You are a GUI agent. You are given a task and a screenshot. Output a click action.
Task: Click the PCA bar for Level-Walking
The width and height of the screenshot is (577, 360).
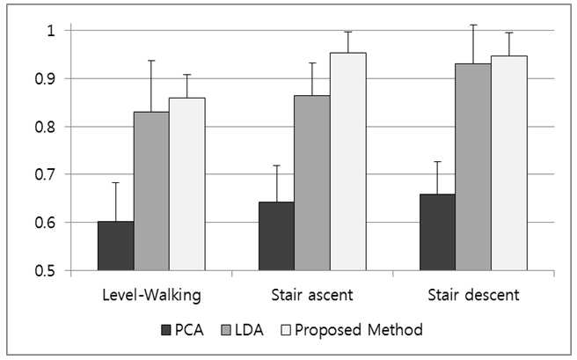click(x=115, y=246)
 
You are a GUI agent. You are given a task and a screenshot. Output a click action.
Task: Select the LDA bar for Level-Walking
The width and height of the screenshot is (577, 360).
click(x=151, y=191)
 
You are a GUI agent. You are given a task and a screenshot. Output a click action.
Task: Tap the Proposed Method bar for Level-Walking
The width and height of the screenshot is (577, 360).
click(x=187, y=184)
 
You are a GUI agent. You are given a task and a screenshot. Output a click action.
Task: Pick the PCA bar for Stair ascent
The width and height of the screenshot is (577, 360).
click(x=277, y=236)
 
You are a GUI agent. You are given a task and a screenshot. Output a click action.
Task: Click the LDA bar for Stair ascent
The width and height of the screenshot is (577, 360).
click(x=312, y=183)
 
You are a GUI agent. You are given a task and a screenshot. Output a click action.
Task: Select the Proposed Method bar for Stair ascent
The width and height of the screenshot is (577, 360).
click(x=348, y=162)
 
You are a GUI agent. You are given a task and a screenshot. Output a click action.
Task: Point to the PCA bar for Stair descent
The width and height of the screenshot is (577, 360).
click(x=437, y=232)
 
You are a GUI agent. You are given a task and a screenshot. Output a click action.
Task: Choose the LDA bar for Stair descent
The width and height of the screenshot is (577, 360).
click(x=473, y=167)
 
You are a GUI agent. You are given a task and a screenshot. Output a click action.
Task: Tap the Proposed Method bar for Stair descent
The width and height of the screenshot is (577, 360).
click(x=509, y=163)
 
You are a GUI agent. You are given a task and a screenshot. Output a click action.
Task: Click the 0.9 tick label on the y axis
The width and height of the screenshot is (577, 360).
click(x=45, y=78)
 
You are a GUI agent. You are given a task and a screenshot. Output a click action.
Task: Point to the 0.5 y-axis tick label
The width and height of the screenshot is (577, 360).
click(x=45, y=271)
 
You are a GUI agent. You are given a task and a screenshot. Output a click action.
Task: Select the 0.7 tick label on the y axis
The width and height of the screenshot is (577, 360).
click(x=45, y=174)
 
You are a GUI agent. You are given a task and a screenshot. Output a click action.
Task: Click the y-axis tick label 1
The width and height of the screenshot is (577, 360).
click(x=51, y=31)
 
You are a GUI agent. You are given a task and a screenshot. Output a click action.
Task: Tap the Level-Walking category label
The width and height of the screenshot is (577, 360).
click(x=151, y=295)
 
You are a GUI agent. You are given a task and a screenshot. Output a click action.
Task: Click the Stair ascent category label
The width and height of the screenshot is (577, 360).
click(x=312, y=295)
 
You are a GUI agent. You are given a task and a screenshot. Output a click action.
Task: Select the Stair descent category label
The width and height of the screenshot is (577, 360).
click(x=473, y=295)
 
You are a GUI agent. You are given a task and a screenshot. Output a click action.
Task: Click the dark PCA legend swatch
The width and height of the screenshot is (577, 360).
click(x=166, y=330)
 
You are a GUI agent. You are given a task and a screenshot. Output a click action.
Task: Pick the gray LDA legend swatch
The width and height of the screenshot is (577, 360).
click(x=226, y=330)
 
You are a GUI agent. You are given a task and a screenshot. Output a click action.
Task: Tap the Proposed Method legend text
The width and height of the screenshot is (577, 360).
click(x=359, y=330)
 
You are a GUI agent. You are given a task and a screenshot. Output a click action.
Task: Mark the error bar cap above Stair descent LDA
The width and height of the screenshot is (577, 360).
click(x=473, y=25)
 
